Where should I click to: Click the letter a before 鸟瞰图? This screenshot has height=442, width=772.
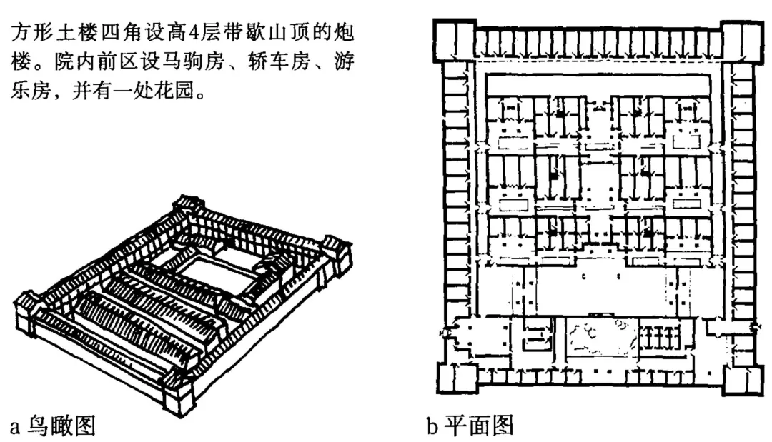(x=15, y=427)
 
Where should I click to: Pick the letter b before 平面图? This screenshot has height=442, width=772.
(x=432, y=426)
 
